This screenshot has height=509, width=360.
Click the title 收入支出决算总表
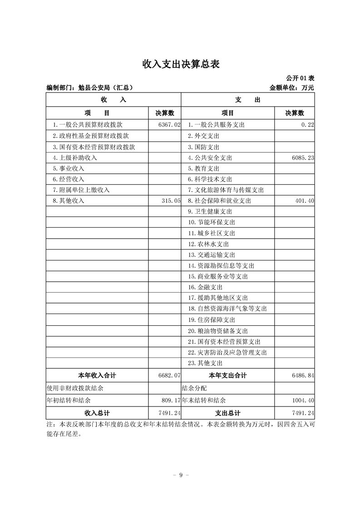[181, 64]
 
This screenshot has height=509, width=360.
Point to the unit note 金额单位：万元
[291, 88]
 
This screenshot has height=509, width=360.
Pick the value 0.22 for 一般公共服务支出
[307, 124]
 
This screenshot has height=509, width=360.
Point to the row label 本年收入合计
[97, 375]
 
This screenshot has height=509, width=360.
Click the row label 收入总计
[97, 413]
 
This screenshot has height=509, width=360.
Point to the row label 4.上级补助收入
[75, 158]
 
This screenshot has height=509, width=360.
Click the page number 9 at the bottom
[180, 475]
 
